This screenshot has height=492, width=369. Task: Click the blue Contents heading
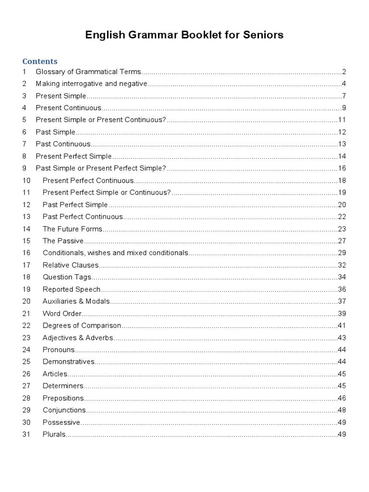[40, 61]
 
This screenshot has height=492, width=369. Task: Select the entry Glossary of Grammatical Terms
[88, 72]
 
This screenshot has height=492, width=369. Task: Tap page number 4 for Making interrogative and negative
[344, 84]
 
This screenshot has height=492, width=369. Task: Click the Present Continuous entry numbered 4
[69, 108]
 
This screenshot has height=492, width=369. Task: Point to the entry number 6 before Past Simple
[24, 132]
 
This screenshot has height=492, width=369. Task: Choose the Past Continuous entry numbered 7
[63, 144]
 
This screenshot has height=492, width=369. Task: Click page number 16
[342, 168]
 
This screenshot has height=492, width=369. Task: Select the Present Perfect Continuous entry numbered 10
[88, 181]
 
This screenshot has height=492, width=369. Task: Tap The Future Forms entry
[73, 229]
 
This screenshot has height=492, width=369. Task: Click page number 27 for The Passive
[342, 241]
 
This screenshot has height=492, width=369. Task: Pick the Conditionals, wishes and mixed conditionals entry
[115, 253]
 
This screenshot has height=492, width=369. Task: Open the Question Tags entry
[67, 277]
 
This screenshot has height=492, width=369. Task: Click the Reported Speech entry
[72, 289]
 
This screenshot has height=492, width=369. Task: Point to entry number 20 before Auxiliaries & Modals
[26, 301]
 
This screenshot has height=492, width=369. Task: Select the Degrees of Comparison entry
[82, 326]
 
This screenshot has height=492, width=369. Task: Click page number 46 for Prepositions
[342, 398]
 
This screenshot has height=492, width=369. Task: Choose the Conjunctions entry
[64, 410]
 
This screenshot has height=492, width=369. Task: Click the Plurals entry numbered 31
[54, 434]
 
